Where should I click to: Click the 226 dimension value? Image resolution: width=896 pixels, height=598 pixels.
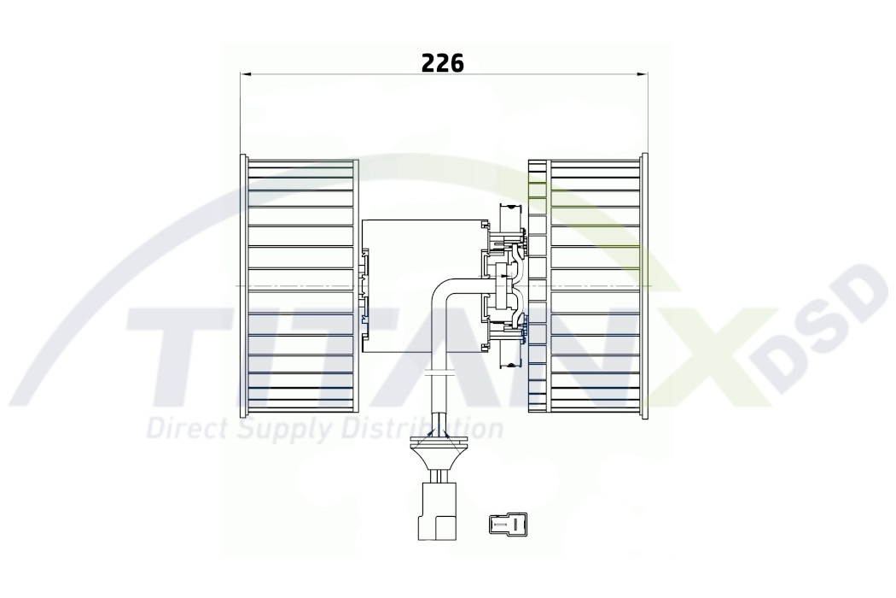(x=442, y=63)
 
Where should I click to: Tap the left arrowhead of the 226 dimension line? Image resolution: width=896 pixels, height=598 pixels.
(x=246, y=73)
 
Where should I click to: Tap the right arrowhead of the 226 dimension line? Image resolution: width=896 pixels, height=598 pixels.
(x=643, y=73)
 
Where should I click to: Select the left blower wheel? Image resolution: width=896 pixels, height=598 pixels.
(x=300, y=285)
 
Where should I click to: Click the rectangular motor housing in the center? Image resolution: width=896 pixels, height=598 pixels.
(x=423, y=285)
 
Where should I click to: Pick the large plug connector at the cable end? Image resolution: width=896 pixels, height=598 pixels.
(x=439, y=511)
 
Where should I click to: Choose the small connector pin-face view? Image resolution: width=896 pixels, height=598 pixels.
(x=506, y=523)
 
